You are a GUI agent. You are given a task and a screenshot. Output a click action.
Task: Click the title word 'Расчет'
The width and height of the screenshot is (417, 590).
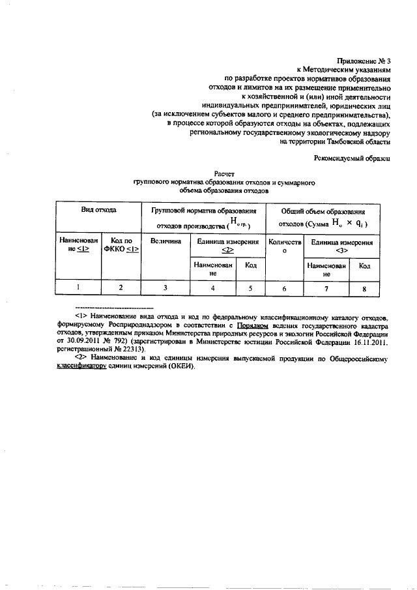click(214, 175)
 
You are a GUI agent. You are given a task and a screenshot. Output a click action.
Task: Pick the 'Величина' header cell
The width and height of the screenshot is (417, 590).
click(165, 241)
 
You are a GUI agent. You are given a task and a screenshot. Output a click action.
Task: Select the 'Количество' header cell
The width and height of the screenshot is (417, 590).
click(284, 245)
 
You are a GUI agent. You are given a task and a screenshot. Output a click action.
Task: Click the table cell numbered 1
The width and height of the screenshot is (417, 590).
click(78, 287)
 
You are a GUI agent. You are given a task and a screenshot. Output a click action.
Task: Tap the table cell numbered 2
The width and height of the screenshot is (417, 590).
click(120, 287)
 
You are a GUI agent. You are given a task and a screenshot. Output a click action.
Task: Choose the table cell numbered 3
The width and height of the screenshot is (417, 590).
click(165, 287)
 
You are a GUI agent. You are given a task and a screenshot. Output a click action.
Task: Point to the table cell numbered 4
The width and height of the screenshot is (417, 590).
click(212, 287)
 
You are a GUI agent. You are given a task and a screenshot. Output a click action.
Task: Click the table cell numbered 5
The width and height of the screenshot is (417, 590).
click(249, 287)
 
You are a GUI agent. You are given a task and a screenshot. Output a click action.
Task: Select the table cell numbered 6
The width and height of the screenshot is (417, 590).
click(284, 287)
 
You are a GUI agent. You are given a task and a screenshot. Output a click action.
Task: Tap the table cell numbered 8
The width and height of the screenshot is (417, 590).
click(365, 287)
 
